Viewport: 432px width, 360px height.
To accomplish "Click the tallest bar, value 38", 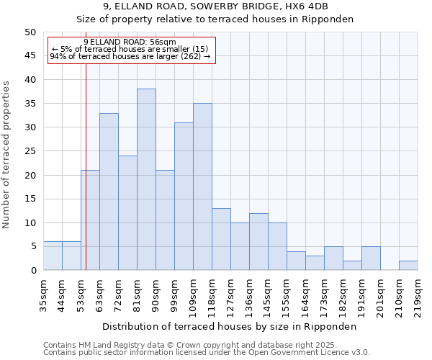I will point(146,179).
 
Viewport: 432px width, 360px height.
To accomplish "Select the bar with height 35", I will point(202,186).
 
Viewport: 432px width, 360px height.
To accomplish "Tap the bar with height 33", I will point(109,192).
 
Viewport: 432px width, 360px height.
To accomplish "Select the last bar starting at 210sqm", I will point(408,265).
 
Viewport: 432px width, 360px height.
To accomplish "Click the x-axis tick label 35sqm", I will point(43,294).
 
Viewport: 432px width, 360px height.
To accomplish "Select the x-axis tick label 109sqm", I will point(193,295).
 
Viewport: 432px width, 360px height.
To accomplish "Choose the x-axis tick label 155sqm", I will point(287,295).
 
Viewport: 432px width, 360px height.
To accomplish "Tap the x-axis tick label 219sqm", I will point(418,295).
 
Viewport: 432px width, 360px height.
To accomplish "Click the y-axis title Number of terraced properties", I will point(6,155).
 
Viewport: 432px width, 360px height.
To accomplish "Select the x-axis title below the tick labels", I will point(229,326).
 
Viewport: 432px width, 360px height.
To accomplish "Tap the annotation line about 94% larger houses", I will point(130,56).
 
